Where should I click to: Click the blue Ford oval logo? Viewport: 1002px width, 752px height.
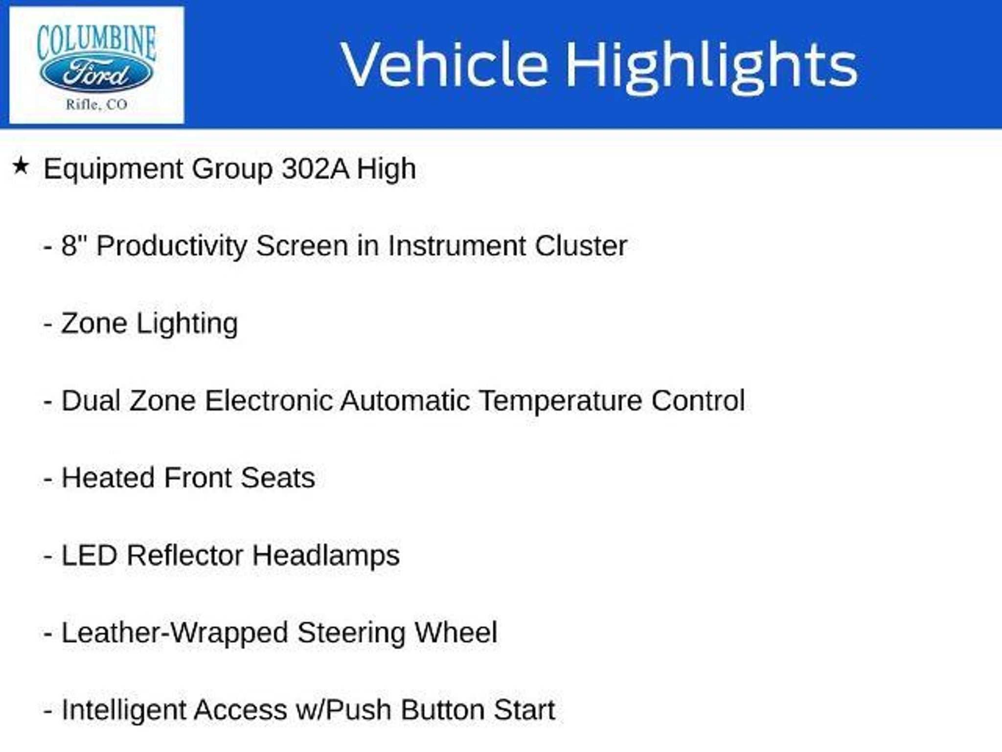[x=96, y=74]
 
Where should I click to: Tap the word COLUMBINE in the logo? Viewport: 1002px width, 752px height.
[x=96, y=42]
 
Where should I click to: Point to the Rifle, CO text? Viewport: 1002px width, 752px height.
[x=96, y=105]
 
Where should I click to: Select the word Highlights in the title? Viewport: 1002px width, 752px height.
[x=711, y=67]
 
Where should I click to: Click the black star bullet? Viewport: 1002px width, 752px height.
[x=21, y=166]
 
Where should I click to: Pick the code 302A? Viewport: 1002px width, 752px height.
[x=315, y=169]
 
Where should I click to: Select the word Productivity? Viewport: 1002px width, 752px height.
[x=171, y=247]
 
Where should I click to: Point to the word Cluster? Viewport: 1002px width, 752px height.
[x=581, y=246]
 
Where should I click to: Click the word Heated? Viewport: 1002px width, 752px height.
[x=108, y=478]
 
